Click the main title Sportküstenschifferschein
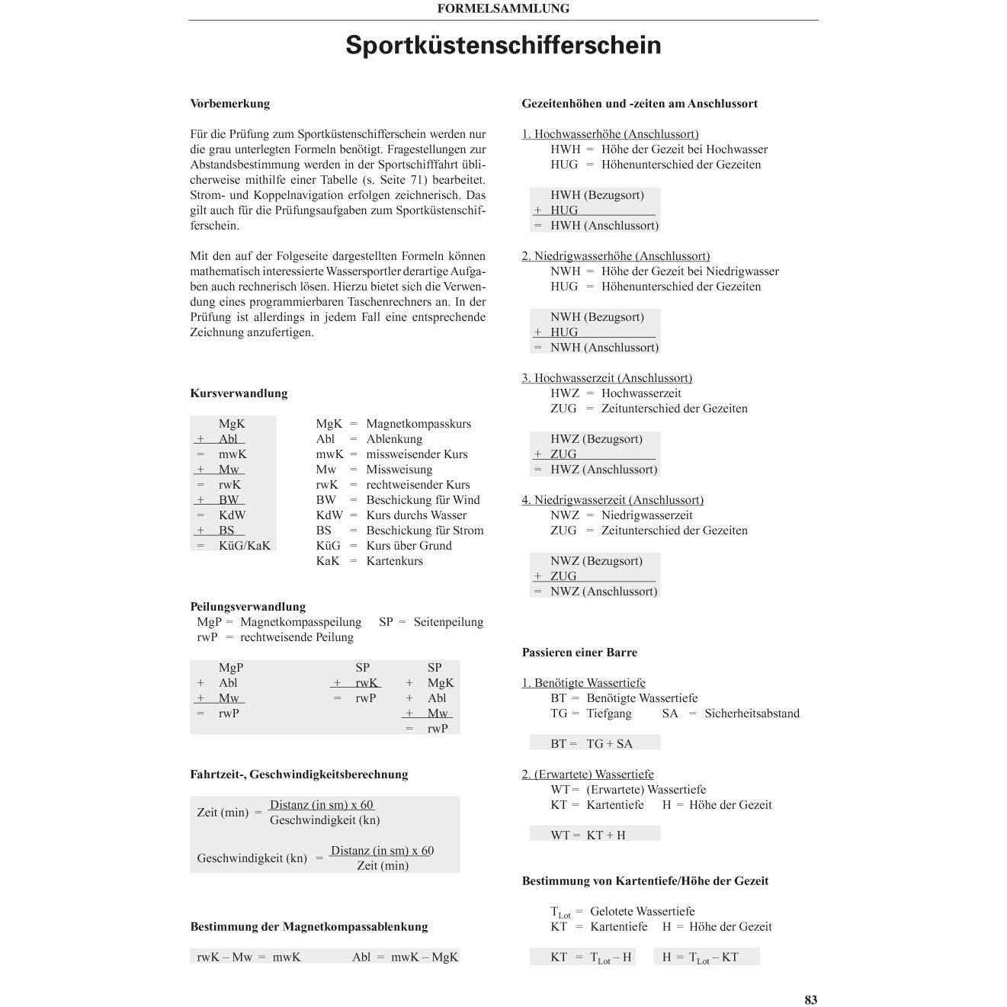point(503,45)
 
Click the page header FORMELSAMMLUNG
point(503,9)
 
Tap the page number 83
point(810,999)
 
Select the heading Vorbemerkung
point(229,104)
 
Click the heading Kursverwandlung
point(239,393)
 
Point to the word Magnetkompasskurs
point(419,424)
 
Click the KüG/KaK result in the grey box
point(244,546)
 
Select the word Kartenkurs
point(394,561)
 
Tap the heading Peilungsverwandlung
point(248,607)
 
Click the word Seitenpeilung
point(448,622)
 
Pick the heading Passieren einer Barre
point(579,653)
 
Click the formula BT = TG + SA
point(592,743)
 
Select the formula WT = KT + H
point(588,835)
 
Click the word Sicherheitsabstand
point(752,714)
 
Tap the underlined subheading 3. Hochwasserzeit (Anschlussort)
point(607,378)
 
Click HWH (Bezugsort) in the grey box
point(597,195)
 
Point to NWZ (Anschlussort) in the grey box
point(603,592)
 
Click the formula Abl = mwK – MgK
point(405,957)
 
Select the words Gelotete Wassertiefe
point(642,912)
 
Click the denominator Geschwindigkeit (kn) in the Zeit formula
point(325,820)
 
